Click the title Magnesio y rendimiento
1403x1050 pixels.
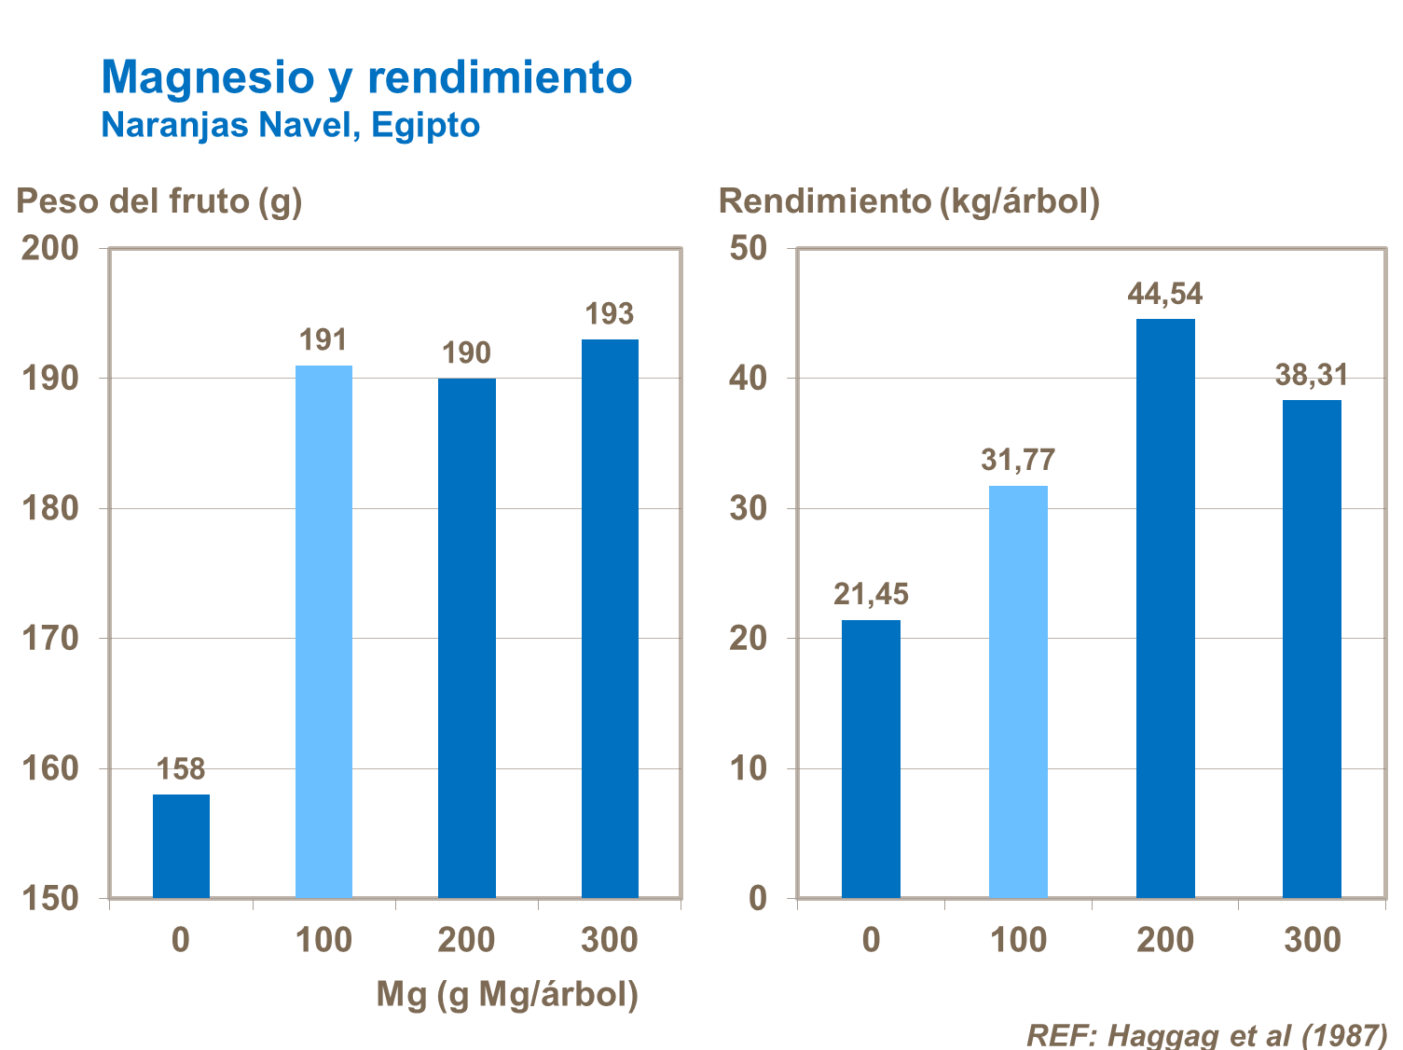coord(366,76)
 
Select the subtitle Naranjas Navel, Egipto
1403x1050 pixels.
coord(290,125)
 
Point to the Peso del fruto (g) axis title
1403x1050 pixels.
coord(159,200)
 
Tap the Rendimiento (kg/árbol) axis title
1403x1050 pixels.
coord(909,200)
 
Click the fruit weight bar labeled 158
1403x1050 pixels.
coord(181,846)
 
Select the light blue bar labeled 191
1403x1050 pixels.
coord(323,631)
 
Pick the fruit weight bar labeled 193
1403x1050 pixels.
coord(610,618)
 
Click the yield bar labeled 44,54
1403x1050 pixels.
coord(1165,608)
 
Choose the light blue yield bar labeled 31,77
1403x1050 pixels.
coord(1018,691)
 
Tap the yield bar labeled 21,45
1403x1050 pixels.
coord(871,758)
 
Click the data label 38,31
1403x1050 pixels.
coord(1312,375)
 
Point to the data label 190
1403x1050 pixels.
coord(466,353)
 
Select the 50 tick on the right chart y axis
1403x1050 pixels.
coord(749,248)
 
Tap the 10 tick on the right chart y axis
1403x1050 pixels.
coord(749,768)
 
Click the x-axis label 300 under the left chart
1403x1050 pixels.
coord(610,940)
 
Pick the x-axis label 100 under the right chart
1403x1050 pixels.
coord(1018,940)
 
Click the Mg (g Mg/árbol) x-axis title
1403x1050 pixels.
coord(507,994)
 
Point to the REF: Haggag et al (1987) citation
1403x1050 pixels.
coord(1206,1035)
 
